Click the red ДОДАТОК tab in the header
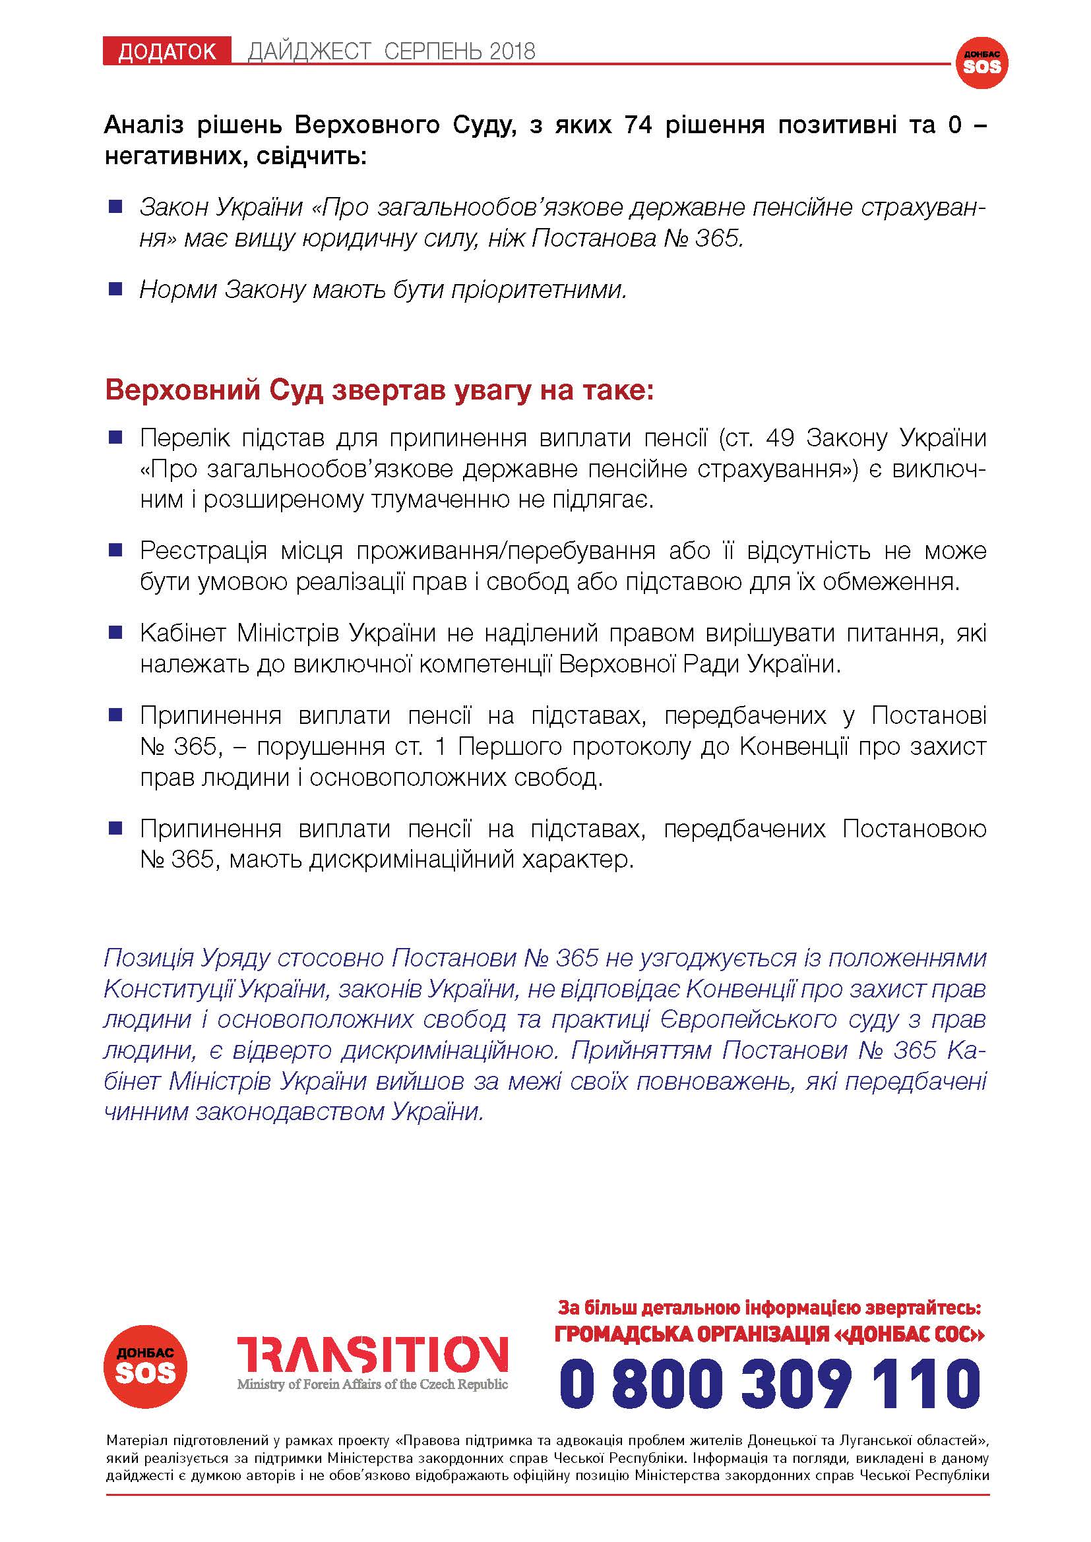pos(167,51)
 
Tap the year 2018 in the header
pos(513,51)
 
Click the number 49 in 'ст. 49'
pos(779,438)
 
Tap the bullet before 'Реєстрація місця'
pos(115,550)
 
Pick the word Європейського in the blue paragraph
pos(743,1019)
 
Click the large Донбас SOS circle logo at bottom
pos(145,1367)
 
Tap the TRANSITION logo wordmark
pos(372,1353)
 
